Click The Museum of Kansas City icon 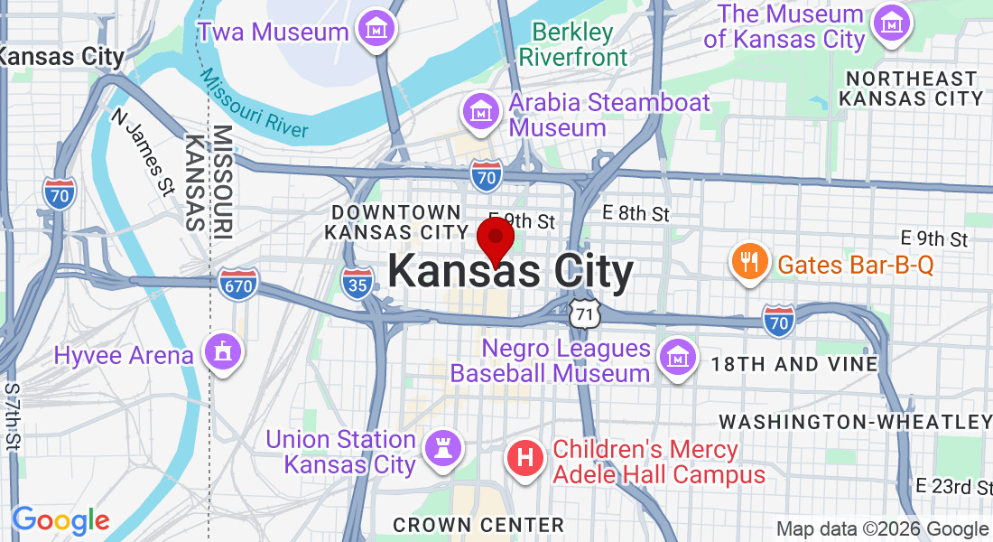[893, 20]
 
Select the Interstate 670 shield [237, 285]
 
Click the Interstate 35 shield [357, 283]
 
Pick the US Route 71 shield [584, 313]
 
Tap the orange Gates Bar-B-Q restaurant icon [749, 263]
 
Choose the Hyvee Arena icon [222, 351]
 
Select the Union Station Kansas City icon [443, 448]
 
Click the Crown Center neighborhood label [478, 525]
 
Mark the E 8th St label [636, 214]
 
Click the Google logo [60, 520]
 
